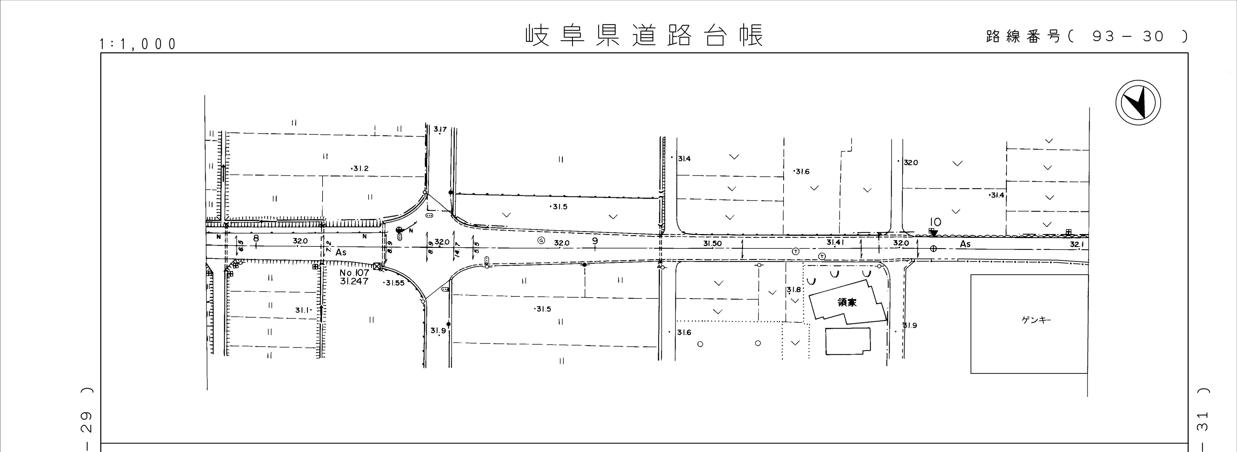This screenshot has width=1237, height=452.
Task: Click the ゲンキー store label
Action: tap(1036, 320)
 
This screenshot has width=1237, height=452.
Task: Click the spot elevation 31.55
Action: tap(395, 283)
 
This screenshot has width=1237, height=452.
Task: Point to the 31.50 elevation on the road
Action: tap(713, 244)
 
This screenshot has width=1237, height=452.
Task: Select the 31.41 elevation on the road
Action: tap(835, 243)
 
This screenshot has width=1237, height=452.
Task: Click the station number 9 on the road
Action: tap(595, 241)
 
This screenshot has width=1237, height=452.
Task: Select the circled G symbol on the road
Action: tap(541, 240)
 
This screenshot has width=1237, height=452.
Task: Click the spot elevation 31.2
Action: tap(360, 168)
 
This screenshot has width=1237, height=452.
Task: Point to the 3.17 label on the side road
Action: tap(440, 129)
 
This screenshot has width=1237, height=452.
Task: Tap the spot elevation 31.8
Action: tap(794, 290)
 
